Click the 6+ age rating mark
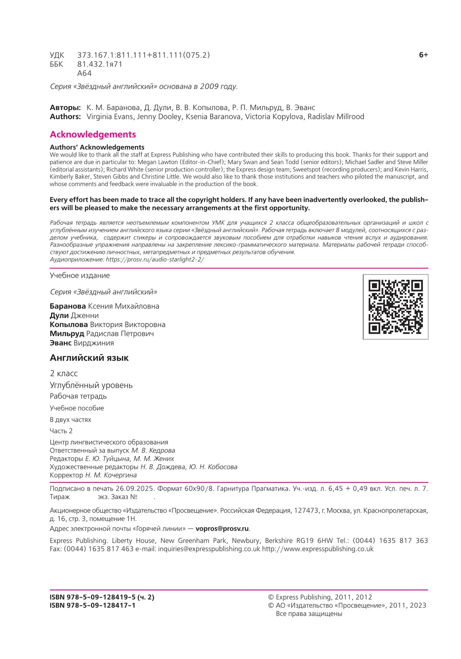[x=423, y=55]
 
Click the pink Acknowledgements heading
[x=93, y=134]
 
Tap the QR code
[x=395, y=306]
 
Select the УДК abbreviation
[x=57, y=55]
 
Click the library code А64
[x=84, y=73]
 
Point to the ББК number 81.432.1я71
[x=99, y=64]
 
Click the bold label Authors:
[x=65, y=117]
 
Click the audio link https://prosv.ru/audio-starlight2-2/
[x=155, y=259]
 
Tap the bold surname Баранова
[x=68, y=306]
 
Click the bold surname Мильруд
[x=66, y=334]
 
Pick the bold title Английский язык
[x=89, y=358]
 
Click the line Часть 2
[x=61, y=431]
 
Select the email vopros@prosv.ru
[x=222, y=529]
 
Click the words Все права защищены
[x=309, y=614]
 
